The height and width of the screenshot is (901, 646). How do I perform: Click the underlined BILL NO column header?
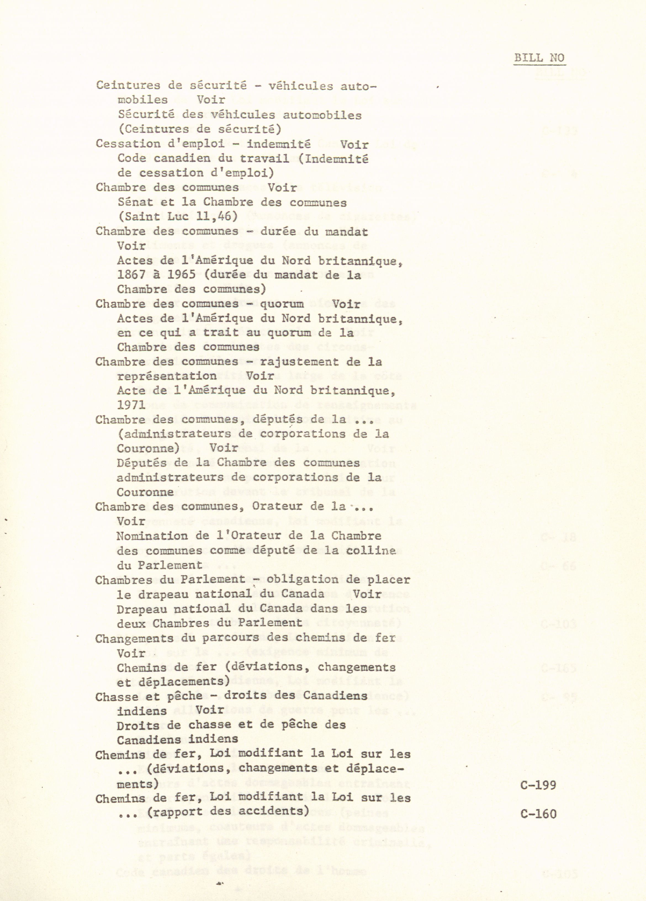point(539,58)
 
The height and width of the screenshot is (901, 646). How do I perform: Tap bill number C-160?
point(538,803)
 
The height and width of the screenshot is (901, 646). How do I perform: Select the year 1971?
point(131,406)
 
